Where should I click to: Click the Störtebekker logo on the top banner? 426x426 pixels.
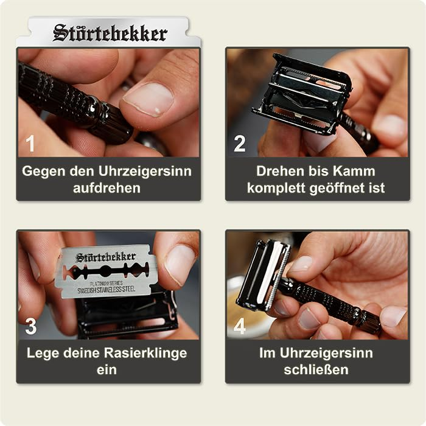[110, 33]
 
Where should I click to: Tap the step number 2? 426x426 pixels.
[240, 144]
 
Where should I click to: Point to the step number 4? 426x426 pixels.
[240, 327]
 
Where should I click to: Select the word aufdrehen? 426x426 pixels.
[107, 188]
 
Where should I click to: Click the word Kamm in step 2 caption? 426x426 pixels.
[354, 171]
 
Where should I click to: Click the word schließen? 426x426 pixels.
[316, 370]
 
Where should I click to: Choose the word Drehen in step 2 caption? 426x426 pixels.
[276, 171]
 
